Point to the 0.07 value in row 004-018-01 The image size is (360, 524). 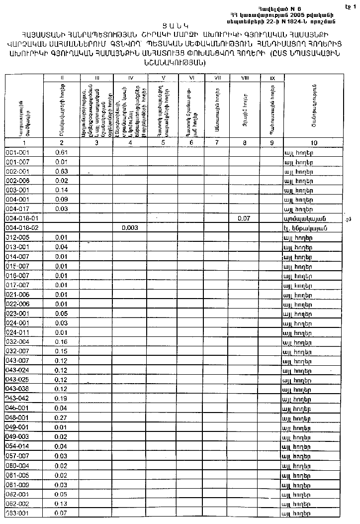coord(244,218)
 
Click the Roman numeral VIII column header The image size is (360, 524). coord(244,78)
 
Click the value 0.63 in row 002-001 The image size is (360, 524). coord(61,171)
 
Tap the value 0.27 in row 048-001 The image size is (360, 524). coord(61,418)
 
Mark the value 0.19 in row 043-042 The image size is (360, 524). coord(61,399)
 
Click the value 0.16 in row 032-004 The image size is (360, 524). coord(61,342)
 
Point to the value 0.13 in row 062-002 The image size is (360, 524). coord(61,504)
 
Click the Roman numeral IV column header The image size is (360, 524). coord(130,78)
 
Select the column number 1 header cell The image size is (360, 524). coord(23,142)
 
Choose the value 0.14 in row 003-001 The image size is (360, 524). coord(61,190)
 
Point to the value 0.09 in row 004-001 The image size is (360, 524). coord(61,199)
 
